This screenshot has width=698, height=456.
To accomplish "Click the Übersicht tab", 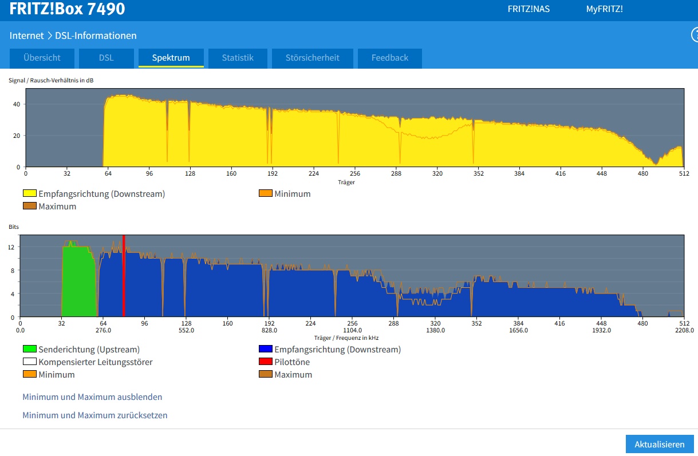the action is [x=42, y=58].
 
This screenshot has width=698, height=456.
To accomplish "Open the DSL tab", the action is [x=107, y=58].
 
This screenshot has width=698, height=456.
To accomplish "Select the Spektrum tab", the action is [x=171, y=58].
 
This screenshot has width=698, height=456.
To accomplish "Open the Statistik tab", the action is [x=238, y=58].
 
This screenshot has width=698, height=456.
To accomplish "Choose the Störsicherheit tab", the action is [x=313, y=58].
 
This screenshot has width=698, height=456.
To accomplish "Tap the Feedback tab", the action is [x=390, y=58].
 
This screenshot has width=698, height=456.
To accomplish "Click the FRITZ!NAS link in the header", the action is [x=529, y=9].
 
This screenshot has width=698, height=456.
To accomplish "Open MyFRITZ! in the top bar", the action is [x=605, y=9].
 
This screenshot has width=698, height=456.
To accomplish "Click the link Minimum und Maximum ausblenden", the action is [x=92, y=397].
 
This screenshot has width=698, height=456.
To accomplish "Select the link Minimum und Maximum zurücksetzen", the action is [x=94, y=415].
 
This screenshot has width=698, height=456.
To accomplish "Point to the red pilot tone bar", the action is [x=124, y=276].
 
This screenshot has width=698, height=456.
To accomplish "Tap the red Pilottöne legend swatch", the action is [x=266, y=362].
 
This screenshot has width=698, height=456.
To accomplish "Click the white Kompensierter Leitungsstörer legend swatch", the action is [x=30, y=362].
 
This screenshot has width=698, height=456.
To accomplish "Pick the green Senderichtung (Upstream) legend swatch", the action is [x=30, y=349].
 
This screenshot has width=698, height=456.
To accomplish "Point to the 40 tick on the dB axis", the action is [x=17, y=104].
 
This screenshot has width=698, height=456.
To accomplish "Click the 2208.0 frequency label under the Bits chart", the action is [x=685, y=330].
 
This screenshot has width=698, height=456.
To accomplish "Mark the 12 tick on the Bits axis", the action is [x=11, y=247].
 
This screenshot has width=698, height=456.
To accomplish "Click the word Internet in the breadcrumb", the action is [x=26, y=35].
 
